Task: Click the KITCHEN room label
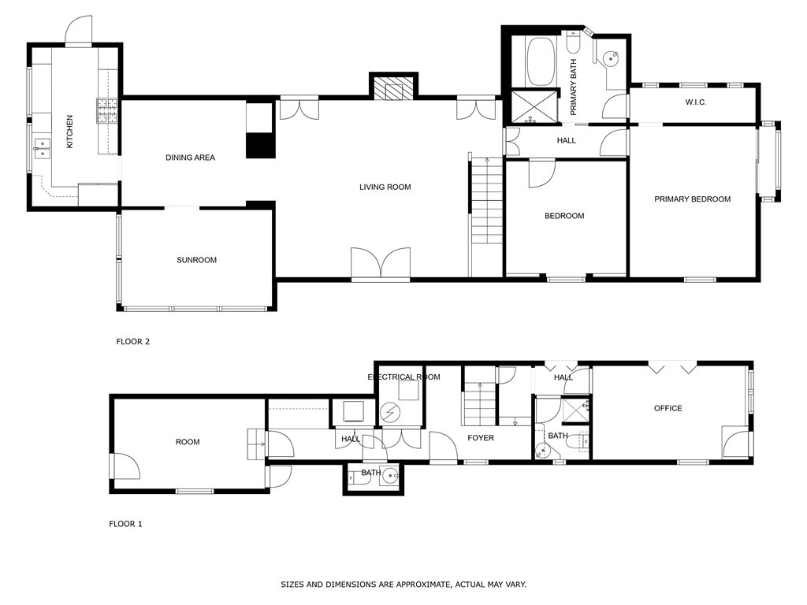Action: [69, 132]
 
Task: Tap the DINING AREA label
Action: [190, 158]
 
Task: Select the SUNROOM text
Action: [196, 260]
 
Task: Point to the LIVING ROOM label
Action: [385, 187]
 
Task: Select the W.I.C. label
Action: [695, 102]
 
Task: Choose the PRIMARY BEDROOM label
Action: [692, 199]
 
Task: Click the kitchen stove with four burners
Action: [106, 111]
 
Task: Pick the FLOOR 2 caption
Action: [132, 342]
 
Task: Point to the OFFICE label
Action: [668, 408]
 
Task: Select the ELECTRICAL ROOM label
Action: [403, 377]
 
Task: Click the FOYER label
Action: [481, 438]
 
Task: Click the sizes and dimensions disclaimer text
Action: [403, 585]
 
